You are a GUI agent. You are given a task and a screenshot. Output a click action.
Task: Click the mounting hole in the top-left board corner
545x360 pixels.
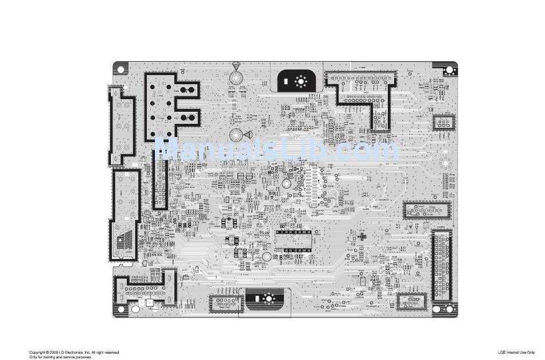point(121,69)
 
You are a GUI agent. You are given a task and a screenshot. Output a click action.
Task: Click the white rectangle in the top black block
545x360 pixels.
point(286,81)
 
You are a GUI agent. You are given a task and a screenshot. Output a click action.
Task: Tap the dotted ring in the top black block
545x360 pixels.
point(299,81)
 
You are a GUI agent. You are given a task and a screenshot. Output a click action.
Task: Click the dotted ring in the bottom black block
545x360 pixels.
point(268,299)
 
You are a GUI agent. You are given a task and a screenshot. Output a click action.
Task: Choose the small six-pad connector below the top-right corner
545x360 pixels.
point(442,123)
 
